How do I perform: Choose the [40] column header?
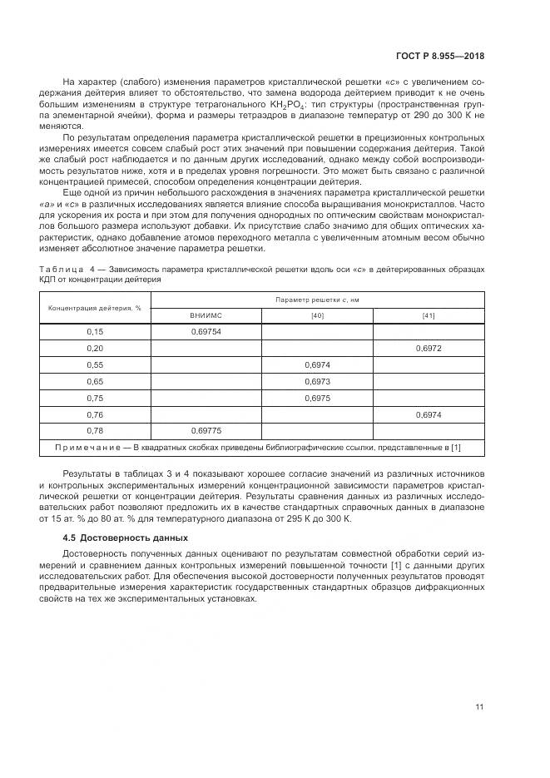317,315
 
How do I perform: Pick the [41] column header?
429,315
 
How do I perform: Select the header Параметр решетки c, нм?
317,299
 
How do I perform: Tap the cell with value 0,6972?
429,349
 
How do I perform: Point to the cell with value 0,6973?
317,381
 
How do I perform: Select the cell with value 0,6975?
317,398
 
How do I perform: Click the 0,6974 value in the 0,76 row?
429,414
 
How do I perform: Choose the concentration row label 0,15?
94,332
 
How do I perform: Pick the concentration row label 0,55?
94,365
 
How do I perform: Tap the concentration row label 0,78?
94,431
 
